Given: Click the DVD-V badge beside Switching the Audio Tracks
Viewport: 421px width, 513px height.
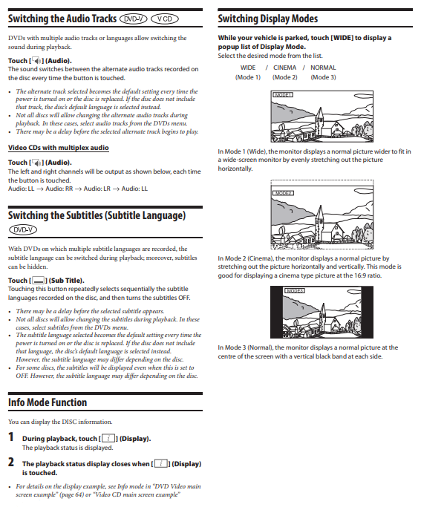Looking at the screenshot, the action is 134,19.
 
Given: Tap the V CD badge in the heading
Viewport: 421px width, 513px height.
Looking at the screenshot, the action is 165,19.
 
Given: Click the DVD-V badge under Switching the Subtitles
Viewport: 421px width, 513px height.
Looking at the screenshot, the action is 23,229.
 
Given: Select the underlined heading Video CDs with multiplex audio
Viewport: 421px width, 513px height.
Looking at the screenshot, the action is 59,148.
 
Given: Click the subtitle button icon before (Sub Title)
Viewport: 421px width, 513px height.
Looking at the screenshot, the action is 39,281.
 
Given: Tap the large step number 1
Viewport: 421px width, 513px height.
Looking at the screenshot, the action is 11,437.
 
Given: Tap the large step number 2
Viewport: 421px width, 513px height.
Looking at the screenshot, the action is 11,463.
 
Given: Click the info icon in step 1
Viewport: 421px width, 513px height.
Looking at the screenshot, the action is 108,439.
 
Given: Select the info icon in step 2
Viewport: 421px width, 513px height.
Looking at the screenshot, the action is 161,463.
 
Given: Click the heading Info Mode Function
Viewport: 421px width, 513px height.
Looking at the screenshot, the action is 48,402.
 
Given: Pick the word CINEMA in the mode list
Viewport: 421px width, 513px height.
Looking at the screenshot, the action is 284,68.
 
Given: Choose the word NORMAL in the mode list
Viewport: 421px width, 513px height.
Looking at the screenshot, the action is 323,68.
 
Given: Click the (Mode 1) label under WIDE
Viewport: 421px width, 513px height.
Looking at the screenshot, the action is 248,77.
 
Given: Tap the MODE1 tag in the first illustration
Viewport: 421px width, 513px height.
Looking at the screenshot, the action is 283,95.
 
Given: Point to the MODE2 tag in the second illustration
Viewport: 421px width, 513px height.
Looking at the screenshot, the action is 284,193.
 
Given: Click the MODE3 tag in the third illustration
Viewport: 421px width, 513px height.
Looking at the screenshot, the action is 295,290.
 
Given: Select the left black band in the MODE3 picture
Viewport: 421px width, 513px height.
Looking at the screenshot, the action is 276,312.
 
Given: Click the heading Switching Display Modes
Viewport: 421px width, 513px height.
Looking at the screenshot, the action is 268,19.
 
